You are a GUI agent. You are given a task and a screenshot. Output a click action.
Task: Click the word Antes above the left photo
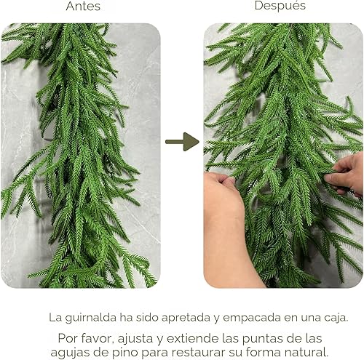[83, 7]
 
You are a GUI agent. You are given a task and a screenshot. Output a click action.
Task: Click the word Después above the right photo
[280, 6]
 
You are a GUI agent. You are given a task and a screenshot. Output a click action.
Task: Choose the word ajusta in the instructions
[135, 338]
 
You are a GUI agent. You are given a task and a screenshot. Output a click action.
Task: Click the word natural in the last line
[311, 352]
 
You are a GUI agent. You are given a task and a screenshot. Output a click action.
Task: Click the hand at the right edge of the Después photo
[348, 173]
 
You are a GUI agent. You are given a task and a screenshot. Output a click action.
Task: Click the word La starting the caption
[55, 317]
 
